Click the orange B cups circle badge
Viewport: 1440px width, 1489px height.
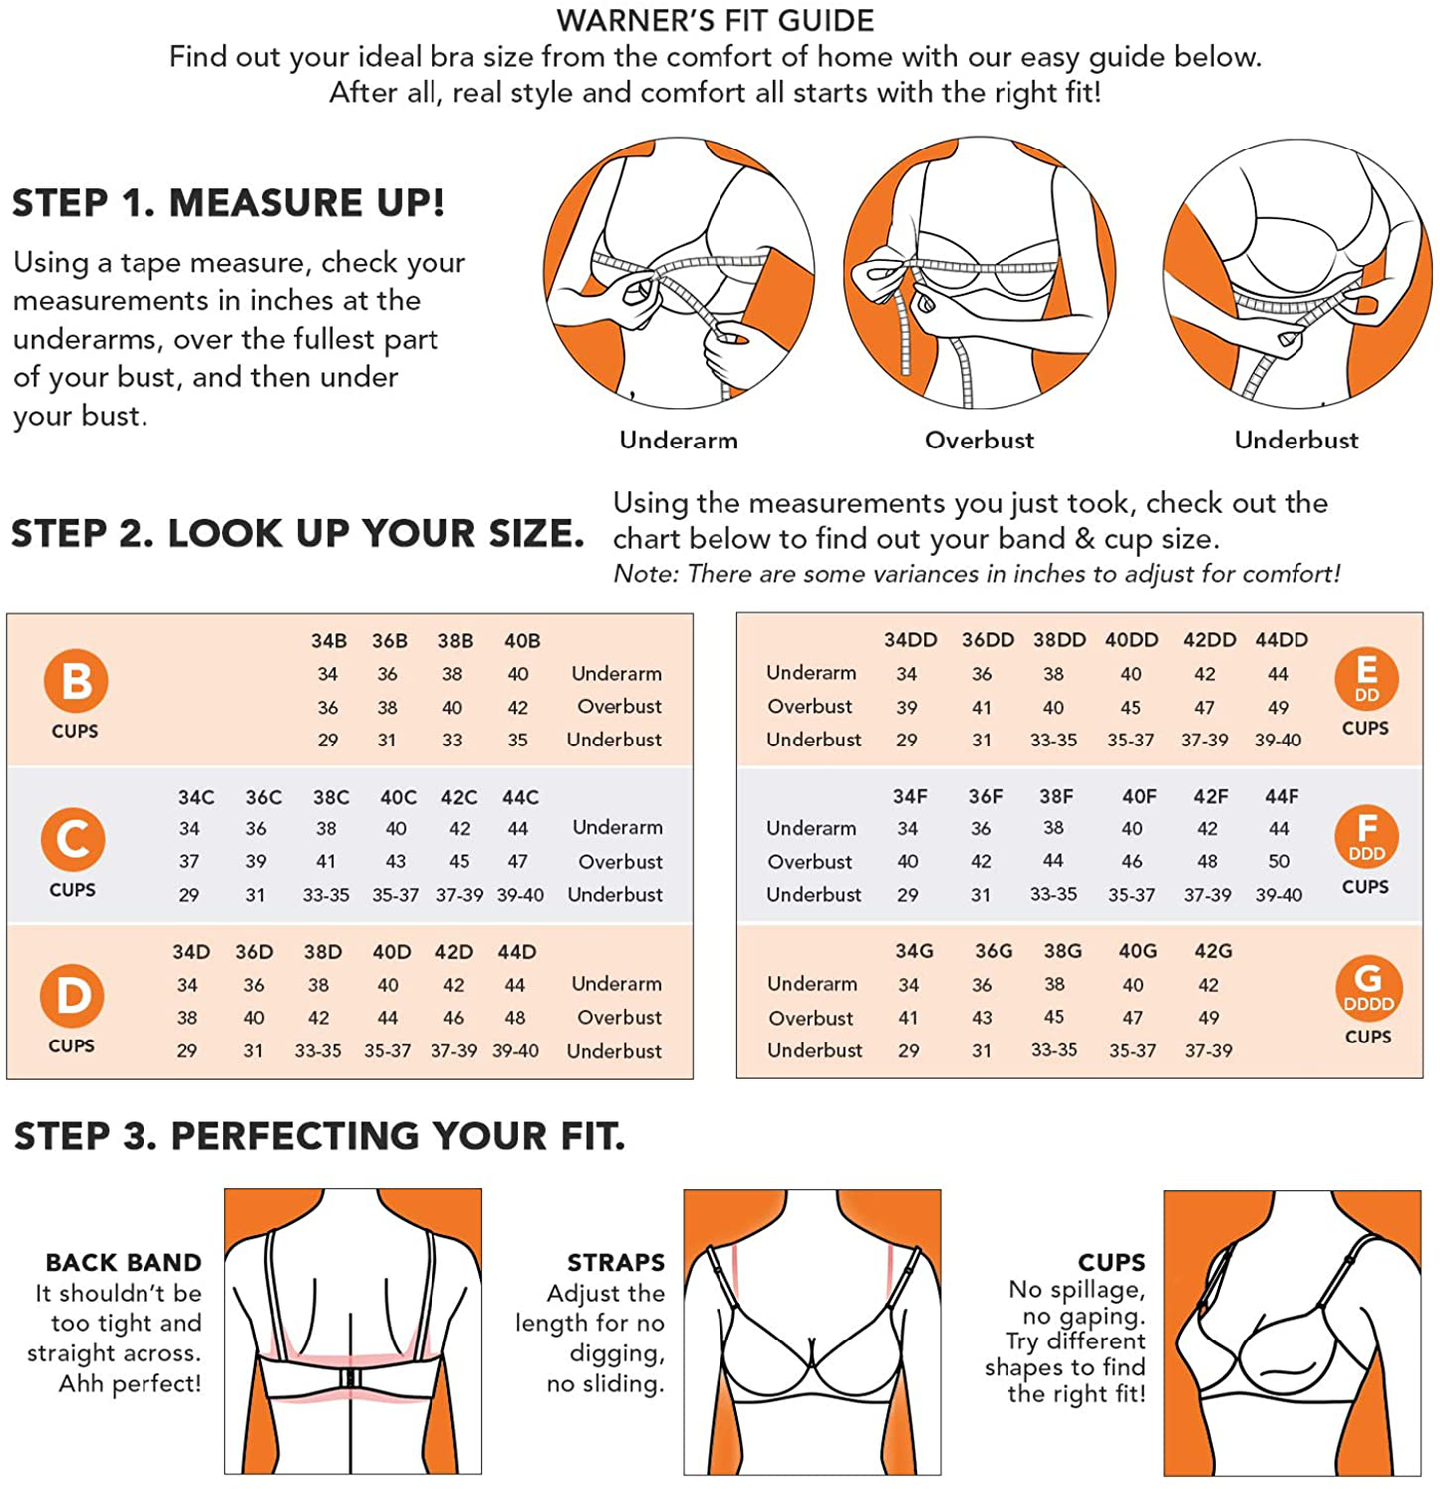76,681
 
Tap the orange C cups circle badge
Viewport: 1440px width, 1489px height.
73,839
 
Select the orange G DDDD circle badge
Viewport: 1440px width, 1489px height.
1368,988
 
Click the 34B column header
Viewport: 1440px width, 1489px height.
329,641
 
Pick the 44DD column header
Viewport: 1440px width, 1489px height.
1282,640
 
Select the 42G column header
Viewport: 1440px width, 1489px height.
1213,951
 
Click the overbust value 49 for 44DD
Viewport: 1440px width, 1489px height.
1278,708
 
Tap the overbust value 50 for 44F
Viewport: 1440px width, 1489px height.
1279,861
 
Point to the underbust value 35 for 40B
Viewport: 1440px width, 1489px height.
517,741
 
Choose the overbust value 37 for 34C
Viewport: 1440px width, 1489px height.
189,861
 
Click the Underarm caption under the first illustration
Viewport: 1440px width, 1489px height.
679,440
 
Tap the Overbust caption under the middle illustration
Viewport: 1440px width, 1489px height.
980,440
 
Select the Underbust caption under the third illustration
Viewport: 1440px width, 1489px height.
1296,440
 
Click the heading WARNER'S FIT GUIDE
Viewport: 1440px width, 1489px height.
716,20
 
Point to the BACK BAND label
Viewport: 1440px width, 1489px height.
124,1263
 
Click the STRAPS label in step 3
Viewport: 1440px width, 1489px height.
616,1263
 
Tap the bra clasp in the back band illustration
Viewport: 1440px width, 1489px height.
350,1377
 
